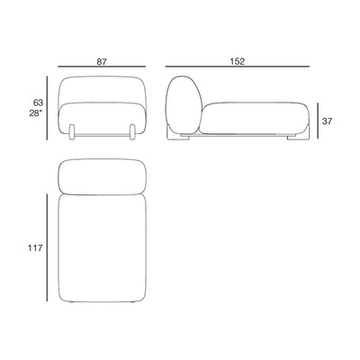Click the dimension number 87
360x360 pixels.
point(102,62)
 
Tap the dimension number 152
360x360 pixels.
point(238,61)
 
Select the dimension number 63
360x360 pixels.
point(38,103)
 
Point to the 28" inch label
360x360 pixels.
point(36,113)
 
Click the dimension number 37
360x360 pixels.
point(328,121)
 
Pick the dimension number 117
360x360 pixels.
point(35,248)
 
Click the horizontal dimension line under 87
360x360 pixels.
point(102,67)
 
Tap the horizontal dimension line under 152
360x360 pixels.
point(238,67)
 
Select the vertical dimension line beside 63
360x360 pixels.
point(47,108)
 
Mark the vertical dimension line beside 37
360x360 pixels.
point(318,121)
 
